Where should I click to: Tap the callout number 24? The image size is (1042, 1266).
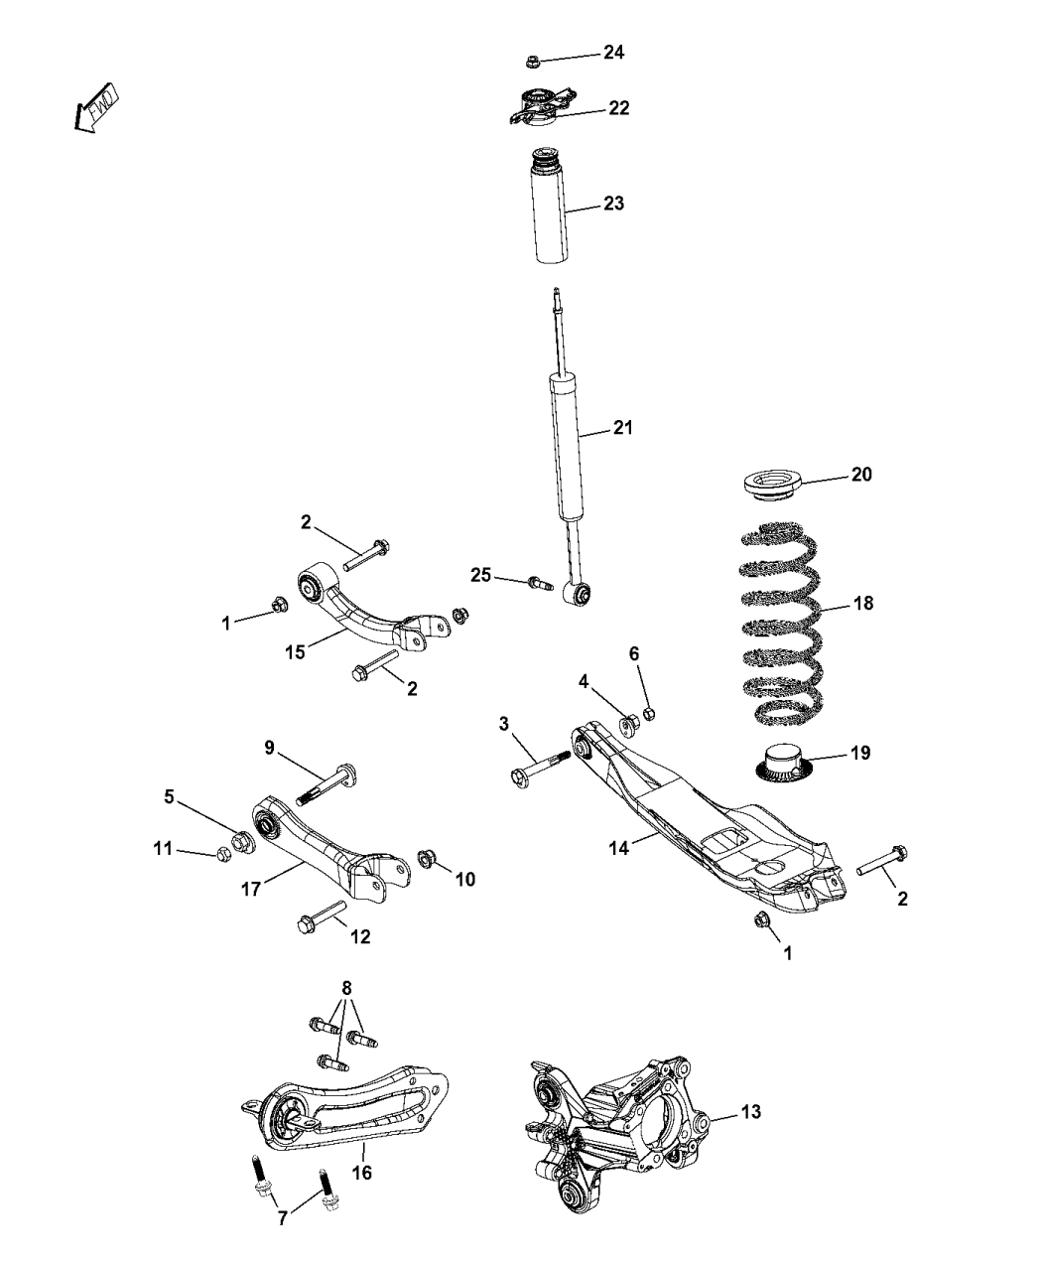(613, 52)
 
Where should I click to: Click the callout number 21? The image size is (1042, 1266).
(621, 428)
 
